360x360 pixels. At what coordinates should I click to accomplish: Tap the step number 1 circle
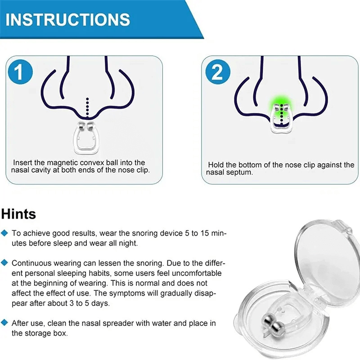pyautogui.click(x=19, y=72)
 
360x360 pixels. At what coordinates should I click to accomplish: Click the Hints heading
pyautogui.click(x=18, y=213)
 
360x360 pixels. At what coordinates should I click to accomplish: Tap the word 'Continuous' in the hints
pyautogui.click(x=31, y=263)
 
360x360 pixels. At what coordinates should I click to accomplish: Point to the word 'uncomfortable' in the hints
pyautogui.click(x=196, y=273)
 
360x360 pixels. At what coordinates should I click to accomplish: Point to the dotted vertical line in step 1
pyautogui.click(x=87, y=106)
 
